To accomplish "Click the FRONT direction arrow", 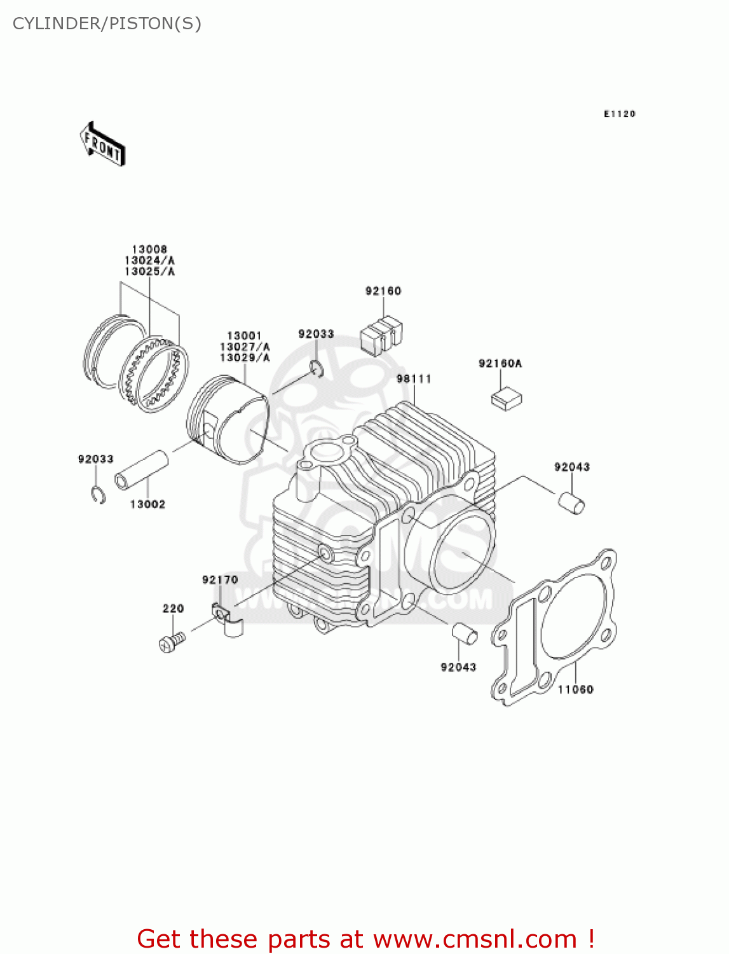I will (102, 144).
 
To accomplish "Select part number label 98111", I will (414, 379).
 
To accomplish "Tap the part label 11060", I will (575, 689).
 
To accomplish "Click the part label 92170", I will (220, 580).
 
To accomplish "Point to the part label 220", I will (173, 609).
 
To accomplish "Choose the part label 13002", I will (147, 504).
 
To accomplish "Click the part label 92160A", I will (500, 364).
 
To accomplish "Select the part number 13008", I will (149, 250).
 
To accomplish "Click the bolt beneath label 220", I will (172, 642).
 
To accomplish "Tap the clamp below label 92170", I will (228, 619).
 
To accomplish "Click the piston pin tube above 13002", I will (142, 470).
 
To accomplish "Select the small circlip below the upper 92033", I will (317, 368).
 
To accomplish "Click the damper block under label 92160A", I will (507, 399).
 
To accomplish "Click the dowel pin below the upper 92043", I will (571, 502).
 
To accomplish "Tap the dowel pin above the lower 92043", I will (465, 634).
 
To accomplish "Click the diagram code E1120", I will (619, 114).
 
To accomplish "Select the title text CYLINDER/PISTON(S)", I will (107, 24).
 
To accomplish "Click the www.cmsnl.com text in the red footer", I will (475, 939).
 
